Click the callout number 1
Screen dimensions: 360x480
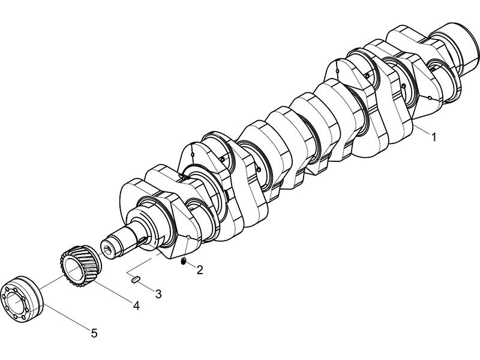coord(433,137)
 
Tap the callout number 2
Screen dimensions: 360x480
coord(199,270)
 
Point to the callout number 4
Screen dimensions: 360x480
coord(136,306)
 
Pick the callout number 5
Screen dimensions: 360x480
coord(94,332)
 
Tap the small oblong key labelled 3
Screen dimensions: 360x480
coord(136,278)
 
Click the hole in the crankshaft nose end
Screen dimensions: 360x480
coord(108,247)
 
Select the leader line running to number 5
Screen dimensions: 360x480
coord(67,317)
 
